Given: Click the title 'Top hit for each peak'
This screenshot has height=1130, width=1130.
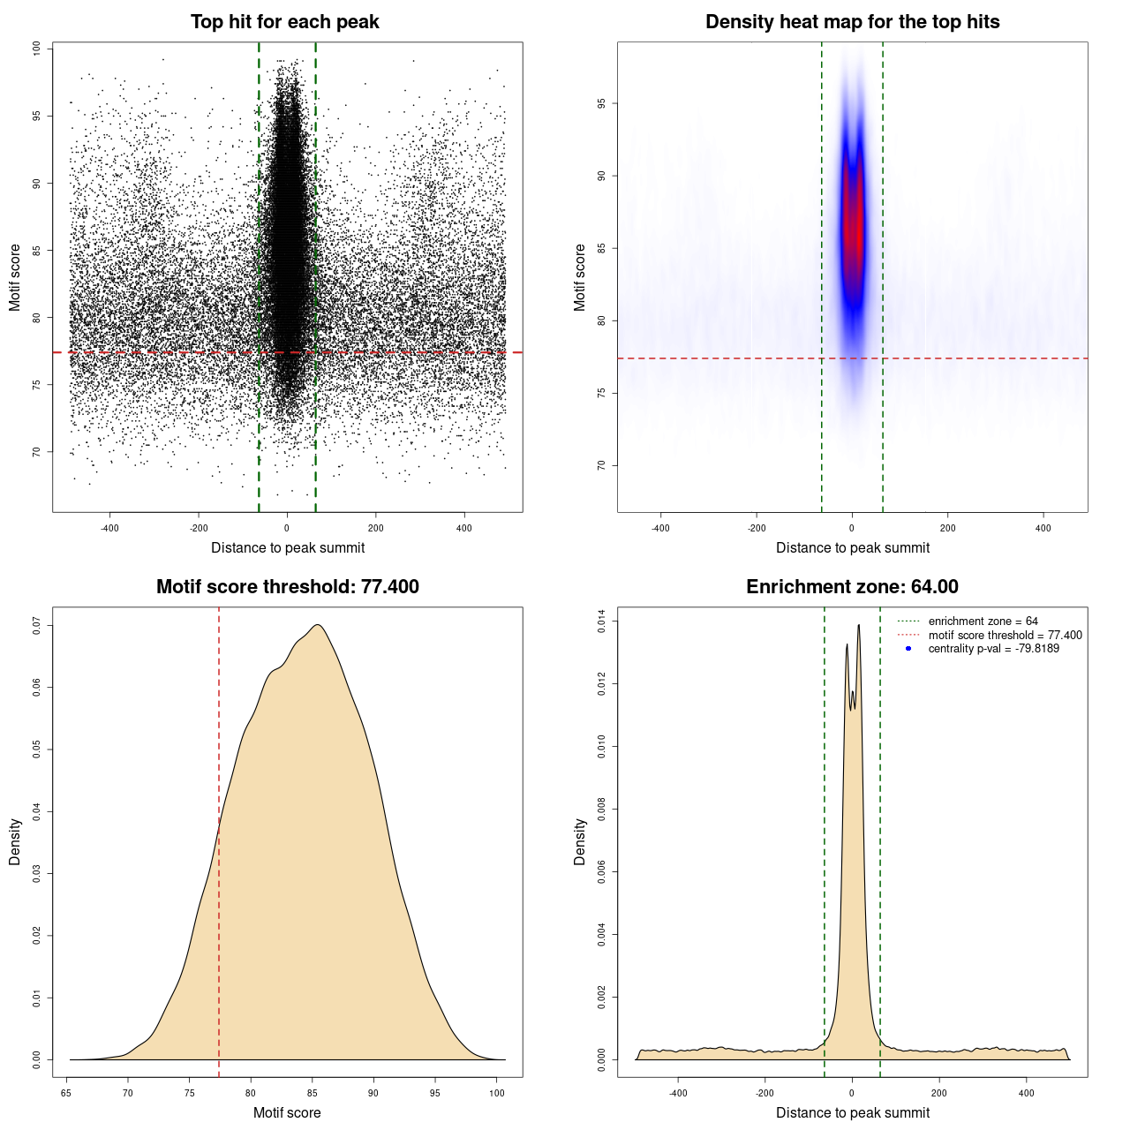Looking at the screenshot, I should pyautogui.click(x=285, y=22).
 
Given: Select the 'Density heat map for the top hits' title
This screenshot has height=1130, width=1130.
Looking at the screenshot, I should pyautogui.click(x=852, y=22).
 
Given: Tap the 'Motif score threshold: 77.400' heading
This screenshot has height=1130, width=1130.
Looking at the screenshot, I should pyautogui.click(x=287, y=587).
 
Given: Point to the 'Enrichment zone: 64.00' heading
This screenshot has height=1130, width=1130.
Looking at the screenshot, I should pyautogui.click(x=852, y=587).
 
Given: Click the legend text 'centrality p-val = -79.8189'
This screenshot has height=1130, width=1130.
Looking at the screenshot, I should pyautogui.click(x=993, y=649).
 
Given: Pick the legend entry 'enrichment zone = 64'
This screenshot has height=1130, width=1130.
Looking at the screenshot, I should pyautogui.click(x=983, y=621).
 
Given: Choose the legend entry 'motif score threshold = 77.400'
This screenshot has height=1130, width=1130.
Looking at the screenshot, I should pyautogui.click(x=1005, y=636).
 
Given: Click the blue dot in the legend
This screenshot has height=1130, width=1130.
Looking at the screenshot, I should pyautogui.click(x=908, y=649).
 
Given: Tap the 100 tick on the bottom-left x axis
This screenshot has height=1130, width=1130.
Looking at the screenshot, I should pyautogui.click(x=497, y=1093).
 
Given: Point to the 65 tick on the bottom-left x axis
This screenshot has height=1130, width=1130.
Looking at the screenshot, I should pyautogui.click(x=66, y=1093).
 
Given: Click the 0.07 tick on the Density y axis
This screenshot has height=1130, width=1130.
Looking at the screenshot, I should pyautogui.click(x=36, y=625).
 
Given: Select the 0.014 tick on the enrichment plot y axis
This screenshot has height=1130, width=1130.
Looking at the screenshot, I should pyautogui.click(x=601, y=621).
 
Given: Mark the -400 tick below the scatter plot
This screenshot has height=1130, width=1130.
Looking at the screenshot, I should pyautogui.click(x=109, y=528).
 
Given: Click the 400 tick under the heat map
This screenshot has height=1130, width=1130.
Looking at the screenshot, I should pyautogui.click(x=1043, y=528).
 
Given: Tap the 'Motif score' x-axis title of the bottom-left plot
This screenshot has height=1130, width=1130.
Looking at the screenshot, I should pyautogui.click(x=287, y=1112).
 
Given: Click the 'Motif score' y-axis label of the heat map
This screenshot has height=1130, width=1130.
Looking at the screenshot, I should pyautogui.click(x=580, y=277).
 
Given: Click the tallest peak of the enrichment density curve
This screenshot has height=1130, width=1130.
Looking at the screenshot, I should pyautogui.click(x=858, y=626).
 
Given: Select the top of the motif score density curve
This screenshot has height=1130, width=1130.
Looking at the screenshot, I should pyautogui.click(x=318, y=625).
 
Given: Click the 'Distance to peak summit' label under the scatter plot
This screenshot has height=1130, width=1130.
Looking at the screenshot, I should pyautogui.click(x=288, y=547).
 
